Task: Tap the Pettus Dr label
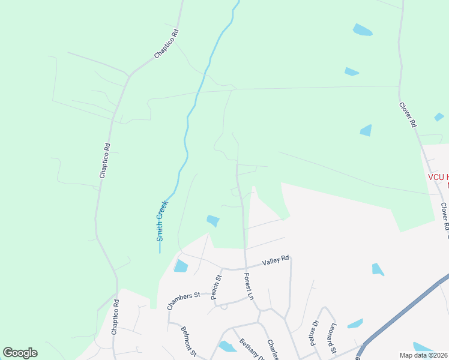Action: click(x=313, y=332)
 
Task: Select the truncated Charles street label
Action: click(x=273, y=349)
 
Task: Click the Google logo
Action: click(x=20, y=353)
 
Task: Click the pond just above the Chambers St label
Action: click(x=181, y=266)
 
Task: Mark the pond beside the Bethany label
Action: click(x=228, y=346)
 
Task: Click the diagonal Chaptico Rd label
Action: click(x=167, y=44)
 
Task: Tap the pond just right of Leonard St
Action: click(x=355, y=323)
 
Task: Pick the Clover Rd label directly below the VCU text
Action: click(x=445, y=217)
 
